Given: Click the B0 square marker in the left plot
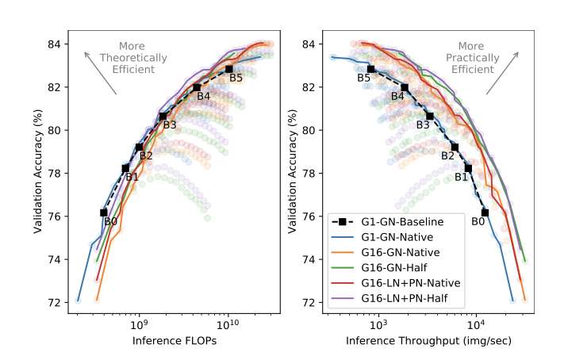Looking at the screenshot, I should [x=104, y=213].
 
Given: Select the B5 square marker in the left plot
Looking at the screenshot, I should [x=228, y=69].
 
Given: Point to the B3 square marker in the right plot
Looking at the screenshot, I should [x=430, y=116].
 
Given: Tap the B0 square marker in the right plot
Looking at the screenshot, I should [x=485, y=213].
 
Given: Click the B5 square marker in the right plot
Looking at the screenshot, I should [x=370, y=69].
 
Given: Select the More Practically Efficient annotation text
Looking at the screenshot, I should [x=471, y=58].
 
